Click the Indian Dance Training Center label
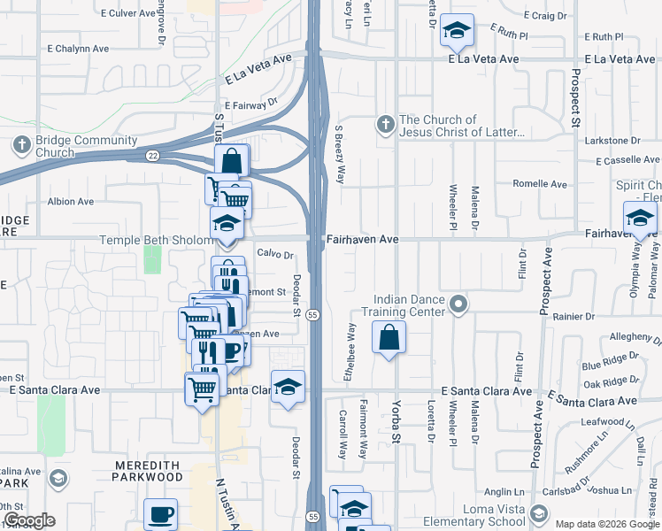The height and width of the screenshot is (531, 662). pos(408,305)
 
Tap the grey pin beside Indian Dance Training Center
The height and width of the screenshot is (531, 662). pos(458,305)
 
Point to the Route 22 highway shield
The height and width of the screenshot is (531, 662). pos(152,156)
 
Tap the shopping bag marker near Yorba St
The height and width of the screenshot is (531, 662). pos(389,337)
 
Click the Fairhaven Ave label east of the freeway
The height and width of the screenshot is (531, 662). pos(362,240)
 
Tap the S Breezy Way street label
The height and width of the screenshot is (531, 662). pos(339,154)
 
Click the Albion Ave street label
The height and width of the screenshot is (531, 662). pos(71,202)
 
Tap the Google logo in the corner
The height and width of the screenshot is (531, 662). pos(29,520)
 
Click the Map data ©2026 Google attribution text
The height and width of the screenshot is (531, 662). pos(606,524)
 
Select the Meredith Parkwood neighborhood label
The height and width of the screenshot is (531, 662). pos(147,470)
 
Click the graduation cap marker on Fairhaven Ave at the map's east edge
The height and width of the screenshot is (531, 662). pos(640,217)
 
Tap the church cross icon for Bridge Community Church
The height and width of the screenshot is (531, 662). pos(22,144)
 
